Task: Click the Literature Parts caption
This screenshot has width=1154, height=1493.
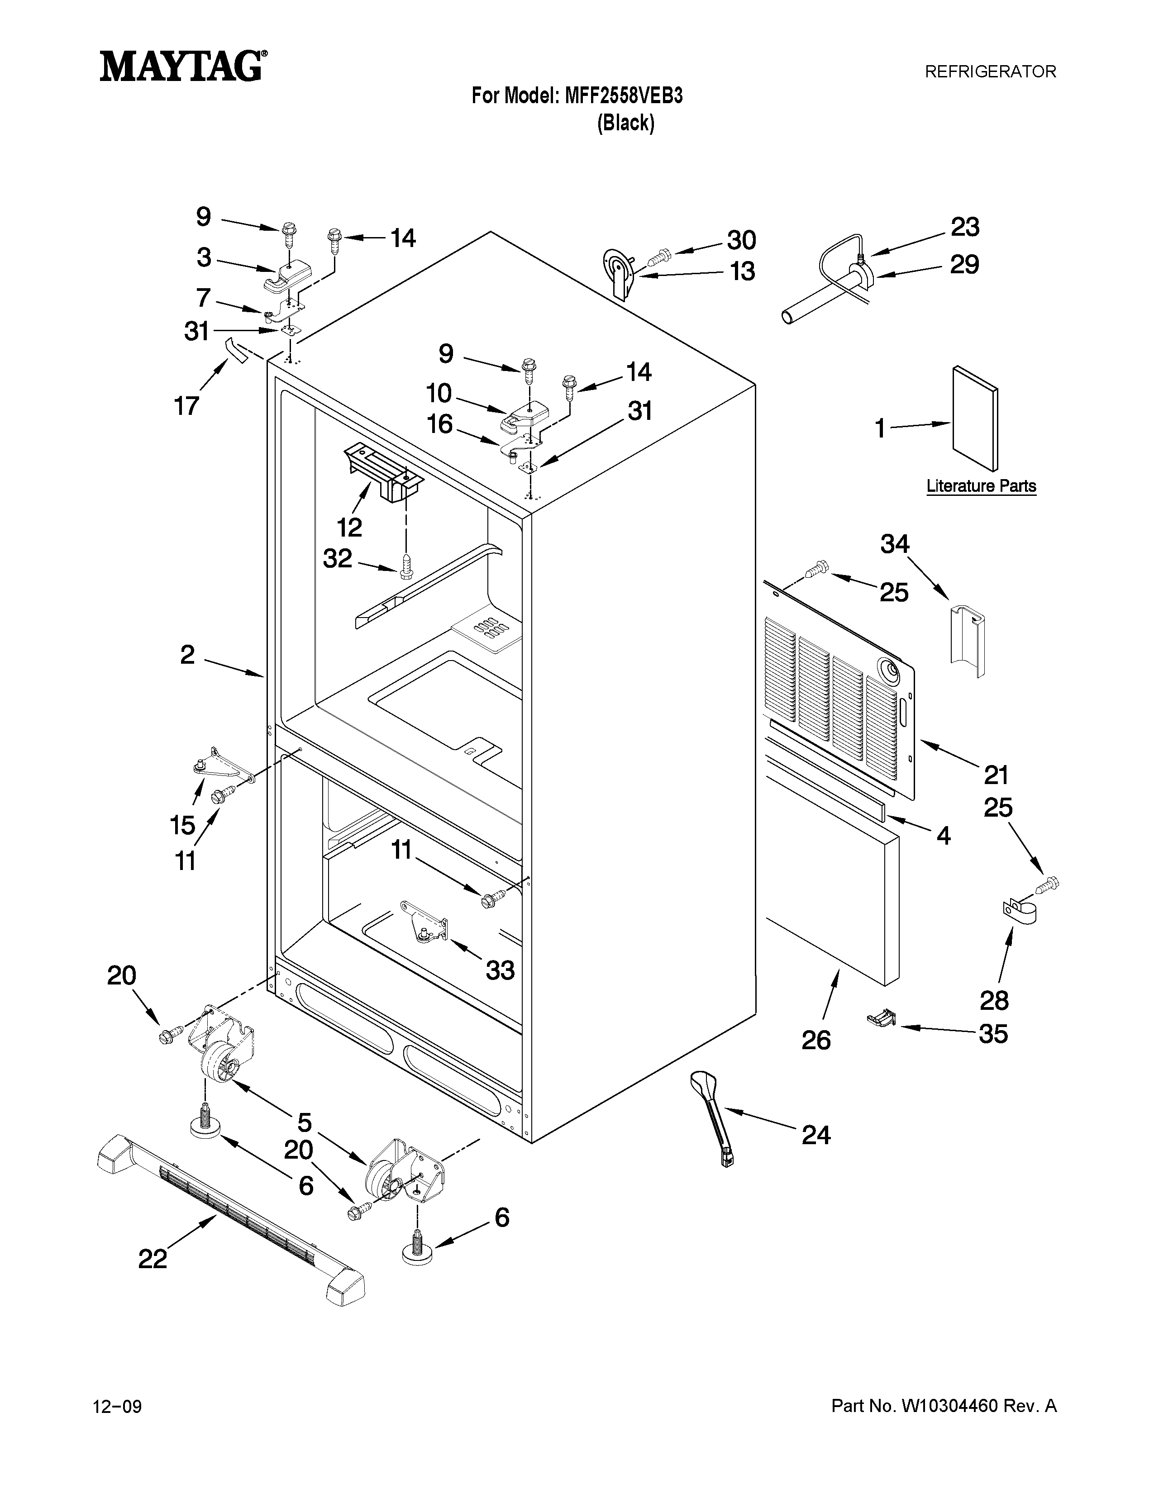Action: click(x=981, y=486)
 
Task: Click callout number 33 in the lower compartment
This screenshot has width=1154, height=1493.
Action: click(x=500, y=970)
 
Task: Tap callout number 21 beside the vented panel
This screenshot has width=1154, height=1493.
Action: click(x=996, y=775)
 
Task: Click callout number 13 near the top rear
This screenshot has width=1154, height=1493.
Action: click(x=742, y=271)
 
